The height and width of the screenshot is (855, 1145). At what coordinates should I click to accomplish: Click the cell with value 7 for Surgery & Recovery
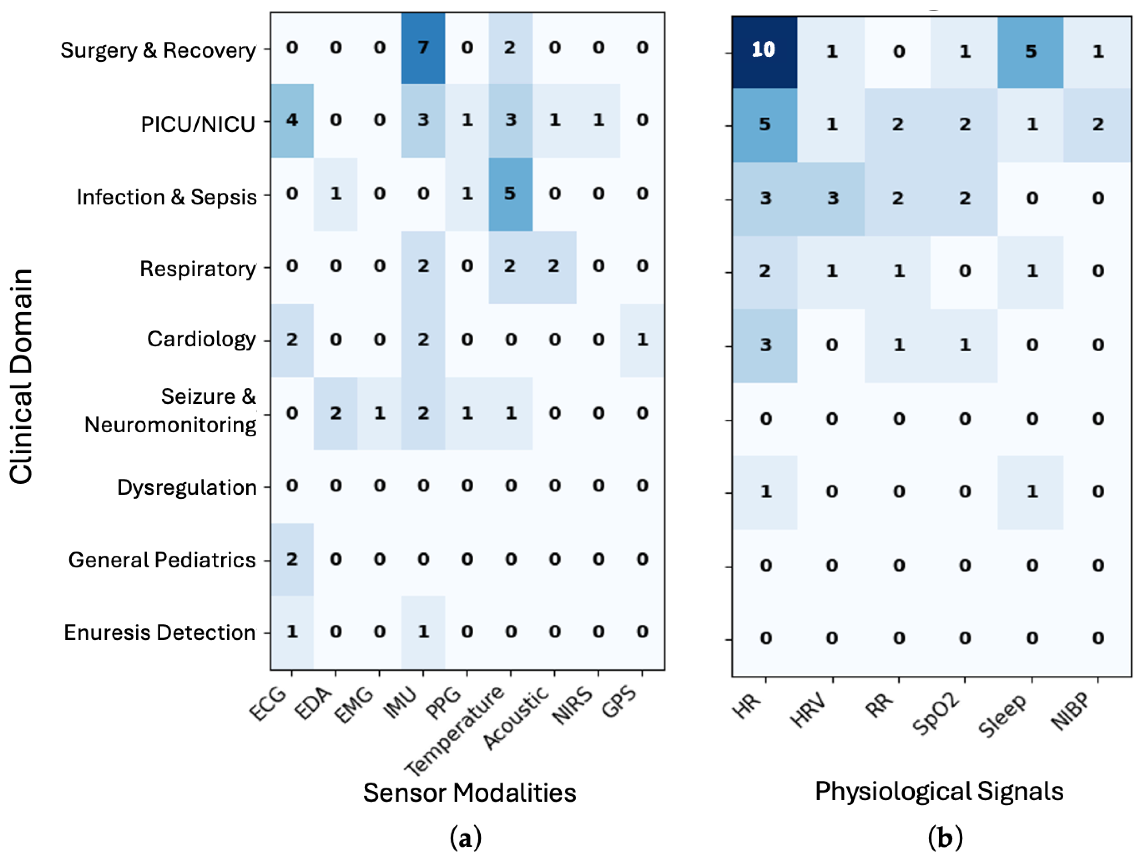(423, 48)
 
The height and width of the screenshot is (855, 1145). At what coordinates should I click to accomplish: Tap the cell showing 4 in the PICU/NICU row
(292, 120)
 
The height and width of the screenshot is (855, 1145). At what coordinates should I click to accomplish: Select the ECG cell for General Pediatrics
(292, 560)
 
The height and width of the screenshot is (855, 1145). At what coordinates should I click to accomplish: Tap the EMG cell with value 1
(379, 413)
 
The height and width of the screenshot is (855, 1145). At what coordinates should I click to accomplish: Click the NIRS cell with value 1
(599, 120)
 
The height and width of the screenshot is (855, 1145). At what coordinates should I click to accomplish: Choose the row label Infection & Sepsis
(167, 197)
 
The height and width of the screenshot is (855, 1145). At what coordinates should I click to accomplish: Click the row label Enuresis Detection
(160, 633)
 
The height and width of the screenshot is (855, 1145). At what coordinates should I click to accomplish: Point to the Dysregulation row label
(187, 487)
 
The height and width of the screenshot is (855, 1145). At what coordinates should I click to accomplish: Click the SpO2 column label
(936, 714)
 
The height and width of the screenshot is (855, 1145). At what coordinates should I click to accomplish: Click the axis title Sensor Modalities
(470, 793)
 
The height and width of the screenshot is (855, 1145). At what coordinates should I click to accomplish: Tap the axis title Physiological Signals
(939, 791)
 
